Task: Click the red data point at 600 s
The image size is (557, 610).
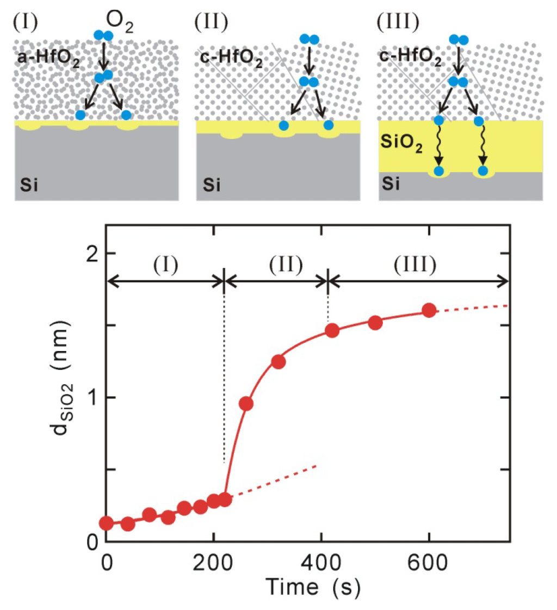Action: click(x=429, y=310)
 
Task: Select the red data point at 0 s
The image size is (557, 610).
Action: click(x=107, y=523)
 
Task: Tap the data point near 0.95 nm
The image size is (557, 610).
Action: click(x=246, y=404)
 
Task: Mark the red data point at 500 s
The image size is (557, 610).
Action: click(x=375, y=323)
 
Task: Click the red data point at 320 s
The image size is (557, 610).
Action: click(x=278, y=362)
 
